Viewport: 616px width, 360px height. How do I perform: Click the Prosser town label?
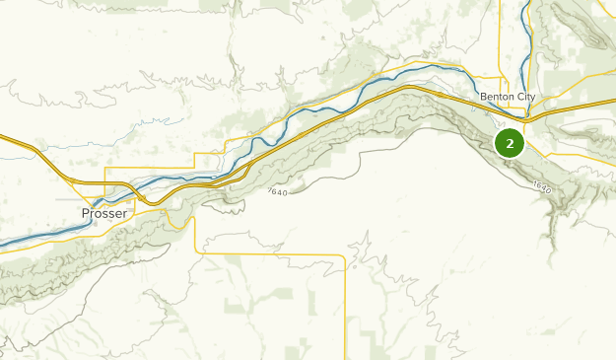tap(104, 213)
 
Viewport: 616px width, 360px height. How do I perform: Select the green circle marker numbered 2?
tap(510, 143)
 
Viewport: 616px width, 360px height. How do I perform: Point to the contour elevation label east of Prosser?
tap(277, 192)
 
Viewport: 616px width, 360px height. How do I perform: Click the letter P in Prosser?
tap(86, 213)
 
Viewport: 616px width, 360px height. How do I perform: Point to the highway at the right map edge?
tap(613, 102)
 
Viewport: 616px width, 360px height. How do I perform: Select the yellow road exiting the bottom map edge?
tap(346, 357)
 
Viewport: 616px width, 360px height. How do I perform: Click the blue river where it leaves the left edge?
tap(3, 244)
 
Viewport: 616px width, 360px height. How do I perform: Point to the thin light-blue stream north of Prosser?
tap(148, 122)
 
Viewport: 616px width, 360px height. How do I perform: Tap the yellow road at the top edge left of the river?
tap(501, 3)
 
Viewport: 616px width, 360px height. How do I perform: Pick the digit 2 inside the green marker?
tap(510, 143)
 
